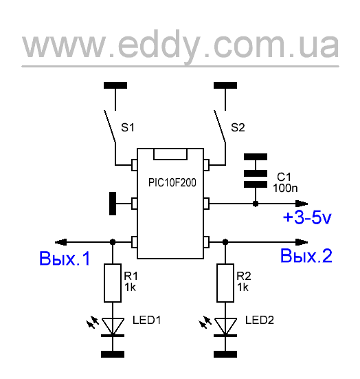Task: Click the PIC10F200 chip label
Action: point(172,183)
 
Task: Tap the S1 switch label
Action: point(128,127)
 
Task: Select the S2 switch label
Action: point(238,127)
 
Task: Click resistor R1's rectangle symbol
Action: point(113,283)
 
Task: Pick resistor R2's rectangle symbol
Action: point(225,283)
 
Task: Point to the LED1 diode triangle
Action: point(113,326)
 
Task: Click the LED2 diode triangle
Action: point(225,326)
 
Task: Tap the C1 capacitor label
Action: point(284,177)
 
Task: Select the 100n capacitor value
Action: point(285,188)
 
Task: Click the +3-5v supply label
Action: point(307,217)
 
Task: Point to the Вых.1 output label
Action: point(65,259)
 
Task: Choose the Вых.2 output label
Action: point(306,256)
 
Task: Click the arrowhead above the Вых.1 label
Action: point(60,242)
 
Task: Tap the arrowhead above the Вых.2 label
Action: point(302,242)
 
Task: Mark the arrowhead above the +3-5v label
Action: point(302,204)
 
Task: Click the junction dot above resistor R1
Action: point(113,241)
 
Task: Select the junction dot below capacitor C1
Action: point(256,204)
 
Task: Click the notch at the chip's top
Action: point(170,154)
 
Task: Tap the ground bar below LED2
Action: point(225,354)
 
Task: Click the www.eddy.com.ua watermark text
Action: point(180,45)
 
